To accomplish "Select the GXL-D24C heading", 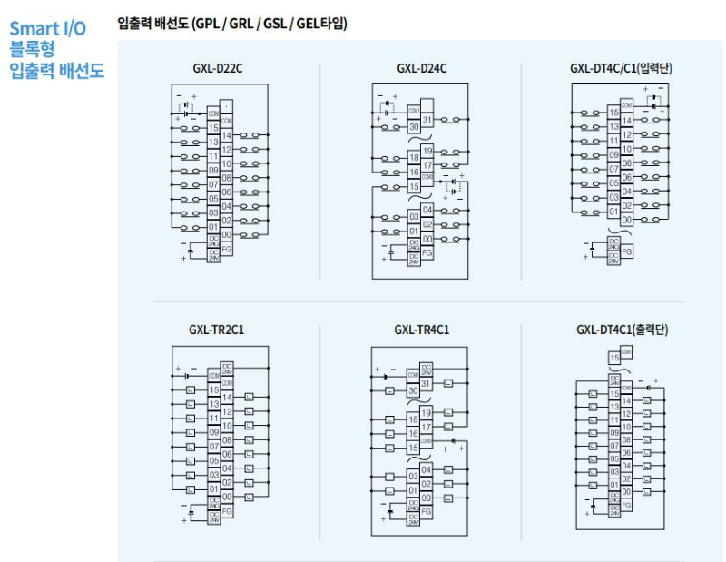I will point(421,67).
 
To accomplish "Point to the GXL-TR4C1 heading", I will point(421,329).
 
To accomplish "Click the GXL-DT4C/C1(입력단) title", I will point(621,67).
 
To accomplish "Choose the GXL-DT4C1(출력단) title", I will point(622,329).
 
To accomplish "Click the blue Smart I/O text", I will point(47,28).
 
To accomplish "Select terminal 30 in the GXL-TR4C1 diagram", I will point(414,390).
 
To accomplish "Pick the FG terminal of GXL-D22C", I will point(226,247).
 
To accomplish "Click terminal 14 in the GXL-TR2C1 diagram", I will point(226,397).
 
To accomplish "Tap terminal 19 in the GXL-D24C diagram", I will point(427,151).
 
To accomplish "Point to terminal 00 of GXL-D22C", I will point(226,233).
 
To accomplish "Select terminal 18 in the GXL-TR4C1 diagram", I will point(414,420).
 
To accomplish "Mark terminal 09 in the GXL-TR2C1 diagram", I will point(213,432).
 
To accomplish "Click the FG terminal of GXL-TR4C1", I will point(427,511).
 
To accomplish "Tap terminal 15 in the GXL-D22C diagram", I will point(213,128).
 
